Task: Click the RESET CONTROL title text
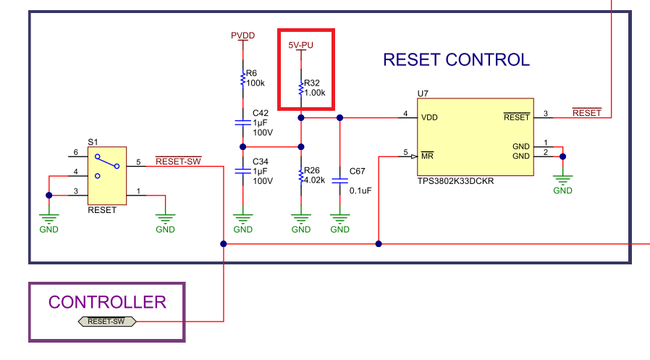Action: [x=456, y=60]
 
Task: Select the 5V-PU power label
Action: [x=301, y=45]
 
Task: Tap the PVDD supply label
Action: [x=242, y=35]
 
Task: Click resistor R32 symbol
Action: [x=301, y=89]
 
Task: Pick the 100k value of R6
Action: [x=256, y=83]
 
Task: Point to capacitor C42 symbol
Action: [x=243, y=124]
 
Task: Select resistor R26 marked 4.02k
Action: [x=301, y=176]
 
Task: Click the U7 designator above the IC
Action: [x=423, y=93]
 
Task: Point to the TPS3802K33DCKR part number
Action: [x=455, y=181]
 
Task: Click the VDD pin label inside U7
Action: [x=429, y=117]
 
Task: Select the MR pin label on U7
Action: [x=427, y=156]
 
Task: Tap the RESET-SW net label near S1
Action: [x=178, y=161]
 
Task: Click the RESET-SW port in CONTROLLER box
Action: [x=106, y=321]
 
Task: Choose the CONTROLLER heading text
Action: [x=107, y=302]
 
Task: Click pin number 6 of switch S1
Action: [x=75, y=152]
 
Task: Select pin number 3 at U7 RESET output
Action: [x=545, y=113]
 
